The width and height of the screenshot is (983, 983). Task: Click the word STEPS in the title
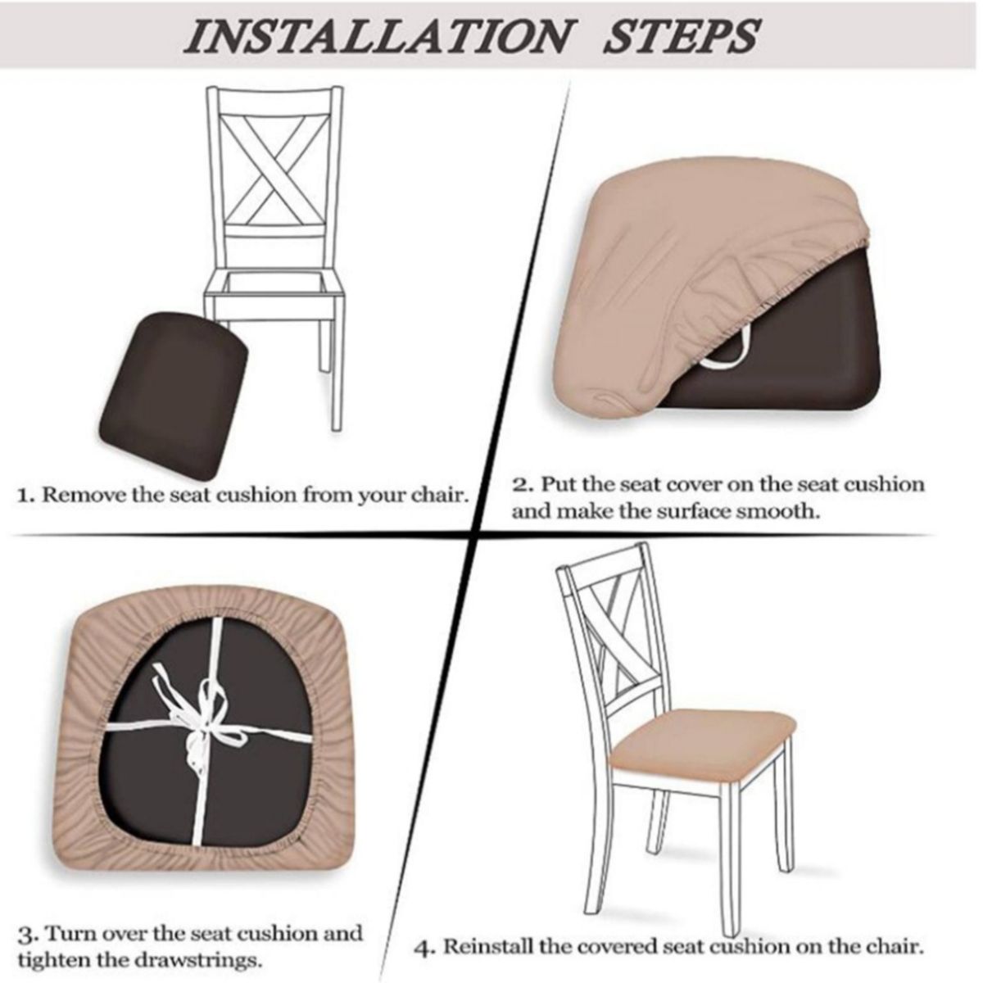click(680, 36)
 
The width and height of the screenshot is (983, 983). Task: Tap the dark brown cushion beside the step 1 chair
click(173, 396)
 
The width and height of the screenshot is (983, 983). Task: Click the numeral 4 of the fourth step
click(424, 934)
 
